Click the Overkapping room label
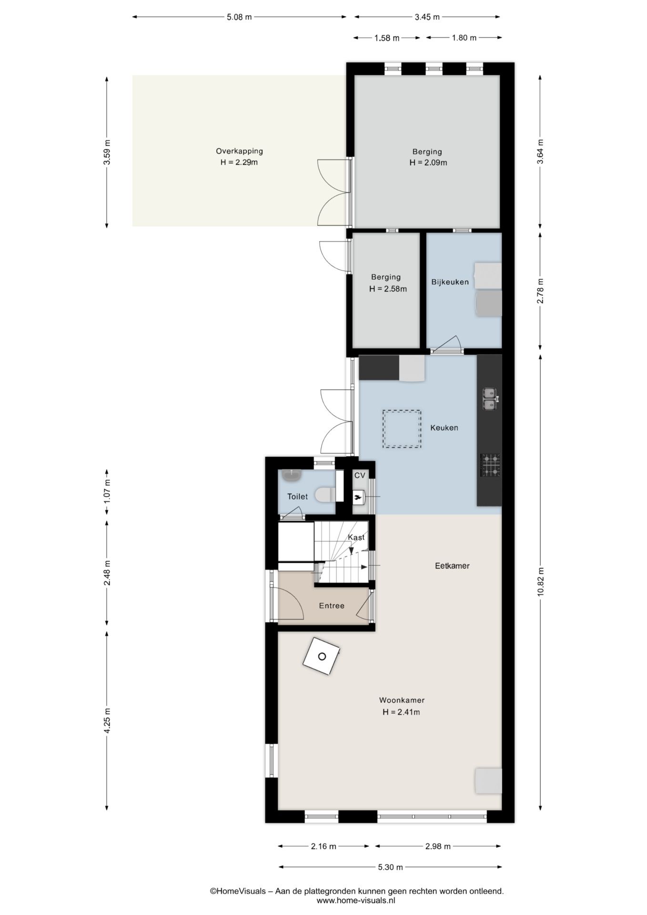pyautogui.click(x=239, y=151)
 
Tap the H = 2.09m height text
pyautogui.click(x=428, y=163)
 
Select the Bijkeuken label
pyautogui.click(x=450, y=282)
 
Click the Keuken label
pyautogui.click(x=444, y=428)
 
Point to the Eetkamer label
pyautogui.click(x=452, y=566)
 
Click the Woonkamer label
pyautogui.click(x=402, y=700)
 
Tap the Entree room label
pyautogui.click(x=332, y=606)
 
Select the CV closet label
pyautogui.click(x=360, y=475)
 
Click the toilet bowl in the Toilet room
pyautogui.click(x=326, y=494)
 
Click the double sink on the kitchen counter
pyautogui.click(x=489, y=399)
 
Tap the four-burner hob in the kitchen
pyautogui.click(x=490, y=465)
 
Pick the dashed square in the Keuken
pyautogui.click(x=402, y=429)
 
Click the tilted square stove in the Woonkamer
pyautogui.click(x=322, y=656)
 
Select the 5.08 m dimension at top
pyautogui.click(x=239, y=17)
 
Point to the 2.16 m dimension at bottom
pyautogui.click(x=323, y=846)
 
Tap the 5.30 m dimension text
pyautogui.click(x=390, y=867)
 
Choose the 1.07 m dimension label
pyautogui.click(x=107, y=491)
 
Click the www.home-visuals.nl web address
pyautogui.click(x=356, y=900)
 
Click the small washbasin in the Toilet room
pyautogui.click(x=291, y=475)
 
